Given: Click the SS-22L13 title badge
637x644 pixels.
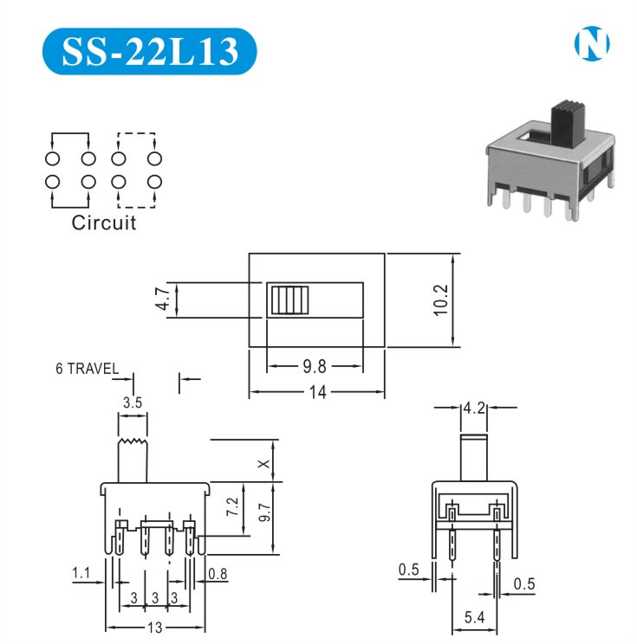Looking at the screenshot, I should pyautogui.click(x=149, y=51).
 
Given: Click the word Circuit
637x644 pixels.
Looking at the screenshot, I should pyautogui.click(x=104, y=222).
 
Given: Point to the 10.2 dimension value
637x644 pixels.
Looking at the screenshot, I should pyautogui.click(x=440, y=300).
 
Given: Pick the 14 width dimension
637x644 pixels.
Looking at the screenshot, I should pyautogui.click(x=317, y=392).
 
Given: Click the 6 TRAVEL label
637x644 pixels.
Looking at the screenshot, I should pyautogui.click(x=87, y=368).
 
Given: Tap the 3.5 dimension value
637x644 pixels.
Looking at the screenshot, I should pyautogui.click(x=133, y=402).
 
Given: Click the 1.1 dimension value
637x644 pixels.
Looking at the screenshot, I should pyautogui.click(x=81, y=572).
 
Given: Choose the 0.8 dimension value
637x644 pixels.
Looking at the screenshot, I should pyautogui.click(x=218, y=572).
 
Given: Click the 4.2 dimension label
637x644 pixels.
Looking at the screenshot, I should pyautogui.click(x=473, y=407).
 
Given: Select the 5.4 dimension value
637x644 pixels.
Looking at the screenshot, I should pyautogui.click(x=473, y=617).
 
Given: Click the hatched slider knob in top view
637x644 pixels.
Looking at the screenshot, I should pyautogui.click(x=289, y=300).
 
